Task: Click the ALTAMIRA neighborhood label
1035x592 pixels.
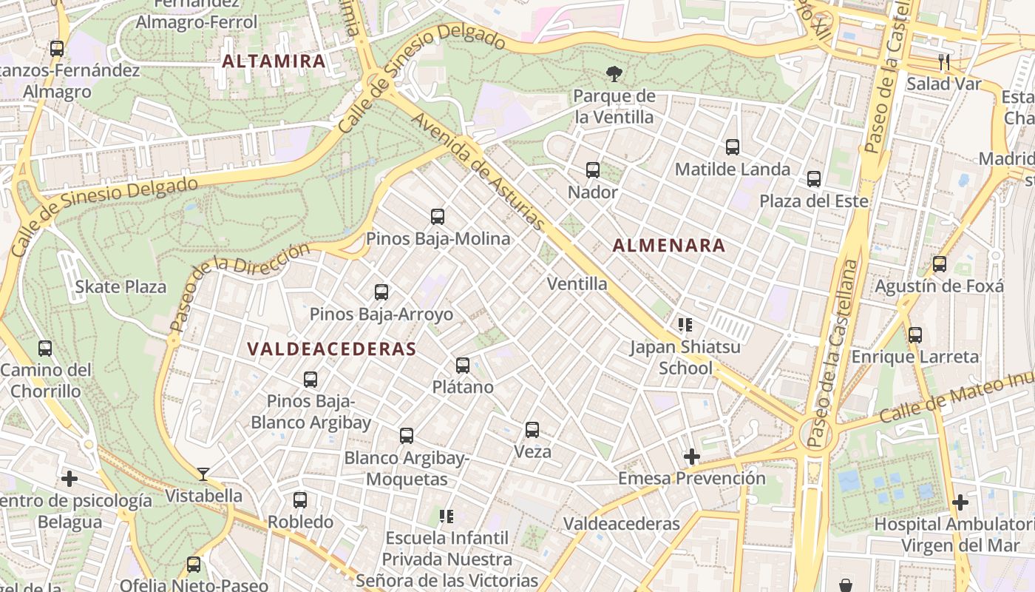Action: (x=274, y=61)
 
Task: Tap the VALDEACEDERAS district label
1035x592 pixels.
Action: (x=332, y=349)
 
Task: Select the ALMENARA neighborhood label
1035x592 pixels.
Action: (x=669, y=246)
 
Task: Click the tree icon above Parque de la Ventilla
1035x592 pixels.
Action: (x=614, y=73)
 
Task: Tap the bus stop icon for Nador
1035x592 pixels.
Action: (x=593, y=170)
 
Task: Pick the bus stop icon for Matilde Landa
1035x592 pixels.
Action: (x=733, y=147)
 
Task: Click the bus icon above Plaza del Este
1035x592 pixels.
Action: (x=814, y=179)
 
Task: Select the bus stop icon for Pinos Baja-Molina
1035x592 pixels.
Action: (x=438, y=217)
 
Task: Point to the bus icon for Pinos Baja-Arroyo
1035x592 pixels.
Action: (x=381, y=292)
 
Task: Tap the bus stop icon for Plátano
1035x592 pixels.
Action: (x=463, y=365)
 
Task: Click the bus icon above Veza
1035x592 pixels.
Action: (x=532, y=430)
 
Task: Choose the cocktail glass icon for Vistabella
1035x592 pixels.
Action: (x=203, y=474)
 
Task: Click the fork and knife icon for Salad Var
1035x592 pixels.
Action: (x=943, y=61)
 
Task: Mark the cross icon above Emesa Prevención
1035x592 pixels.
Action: (x=692, y=457)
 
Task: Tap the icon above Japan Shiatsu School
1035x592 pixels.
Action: (x=685, y=325)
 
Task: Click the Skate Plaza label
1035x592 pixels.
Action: (x=121, y=287)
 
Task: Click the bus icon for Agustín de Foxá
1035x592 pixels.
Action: (x=940, y=264)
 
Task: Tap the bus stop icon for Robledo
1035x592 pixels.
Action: (x=300, y=500)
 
